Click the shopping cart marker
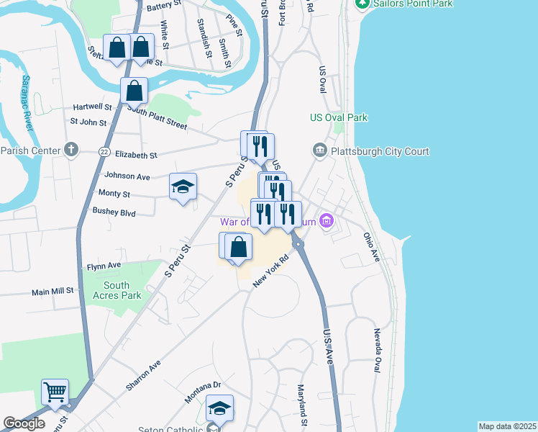[x=55, y=392]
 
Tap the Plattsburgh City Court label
[x=379, y=151]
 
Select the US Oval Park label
[x=338, y=117]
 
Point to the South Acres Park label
[x=116, y=290]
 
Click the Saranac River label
[x=27, y=102]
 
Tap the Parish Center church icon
[x=70, y=150]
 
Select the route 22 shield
[x=105, y=151]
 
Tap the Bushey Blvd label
[x=114, y=212]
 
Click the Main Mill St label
[x=53, y=292]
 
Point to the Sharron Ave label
[x=144, y=375]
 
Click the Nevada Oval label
[x=376, y=350]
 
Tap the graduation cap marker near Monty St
[x=183, y=187]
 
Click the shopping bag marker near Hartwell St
[x=134, y=91]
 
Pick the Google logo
[x=24, y=423]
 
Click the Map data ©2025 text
[x=507, y=426]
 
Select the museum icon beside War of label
[x=327, y=221]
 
